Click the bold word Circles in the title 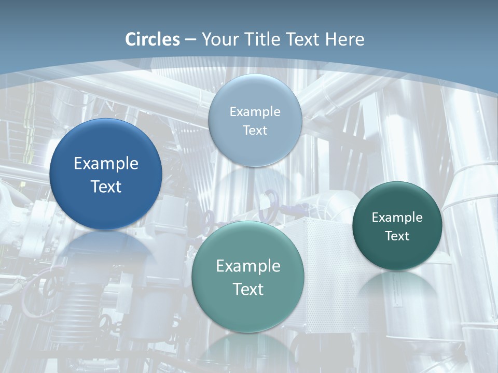click(153, 39)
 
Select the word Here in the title click(345, 39)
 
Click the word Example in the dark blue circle click(106, 164)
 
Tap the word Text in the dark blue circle click(106, 187)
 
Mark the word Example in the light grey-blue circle click(255, 111)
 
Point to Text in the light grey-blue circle click(255, 130)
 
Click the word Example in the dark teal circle click(397, 217)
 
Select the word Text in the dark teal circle click(397, 236)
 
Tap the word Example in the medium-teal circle click(248, 266)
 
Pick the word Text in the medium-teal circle click(248, 289)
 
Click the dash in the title click(190, 39)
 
